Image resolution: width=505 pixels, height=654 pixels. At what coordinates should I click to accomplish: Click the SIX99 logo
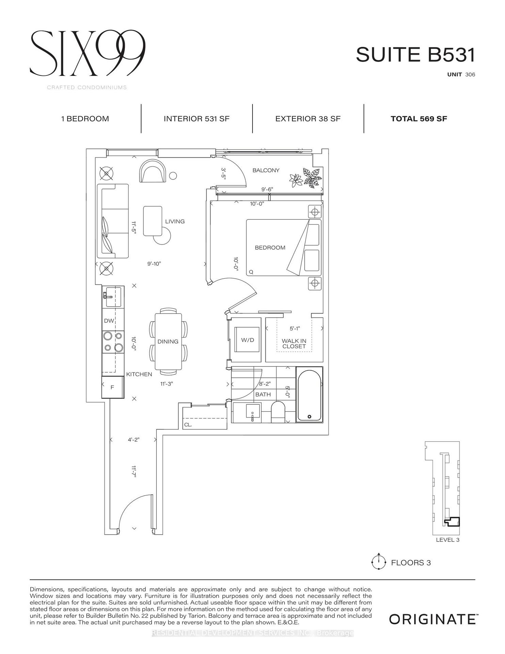point(88,53)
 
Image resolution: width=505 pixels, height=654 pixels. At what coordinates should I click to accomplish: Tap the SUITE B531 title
point(415,55)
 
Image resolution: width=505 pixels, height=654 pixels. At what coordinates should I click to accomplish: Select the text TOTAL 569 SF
point(419,119)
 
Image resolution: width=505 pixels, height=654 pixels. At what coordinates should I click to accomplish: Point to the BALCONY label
point(266,170)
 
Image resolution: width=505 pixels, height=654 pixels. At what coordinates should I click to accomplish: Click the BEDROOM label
point(270,248)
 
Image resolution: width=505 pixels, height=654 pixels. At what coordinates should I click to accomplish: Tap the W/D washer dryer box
point(247,340)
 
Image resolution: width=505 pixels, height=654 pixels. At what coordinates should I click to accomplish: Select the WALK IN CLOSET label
point(294,343)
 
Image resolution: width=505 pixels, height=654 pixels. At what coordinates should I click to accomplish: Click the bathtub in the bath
point(309,394)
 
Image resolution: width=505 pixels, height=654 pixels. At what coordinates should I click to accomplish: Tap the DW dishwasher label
point(109,321)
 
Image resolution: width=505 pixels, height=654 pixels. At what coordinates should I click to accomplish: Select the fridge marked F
point(112,387)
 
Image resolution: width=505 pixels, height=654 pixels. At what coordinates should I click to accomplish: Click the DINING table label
point(168,342)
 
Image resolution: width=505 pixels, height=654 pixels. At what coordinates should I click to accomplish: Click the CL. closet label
point(188,425)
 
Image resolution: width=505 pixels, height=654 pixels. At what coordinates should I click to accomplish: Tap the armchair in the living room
point(152,171)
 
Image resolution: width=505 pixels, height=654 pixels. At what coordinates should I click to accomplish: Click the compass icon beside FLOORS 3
point(378,562)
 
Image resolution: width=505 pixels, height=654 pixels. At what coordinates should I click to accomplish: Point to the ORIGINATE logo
point(432,619)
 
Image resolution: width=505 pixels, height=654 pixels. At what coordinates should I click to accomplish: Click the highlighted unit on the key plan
point(453,522)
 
